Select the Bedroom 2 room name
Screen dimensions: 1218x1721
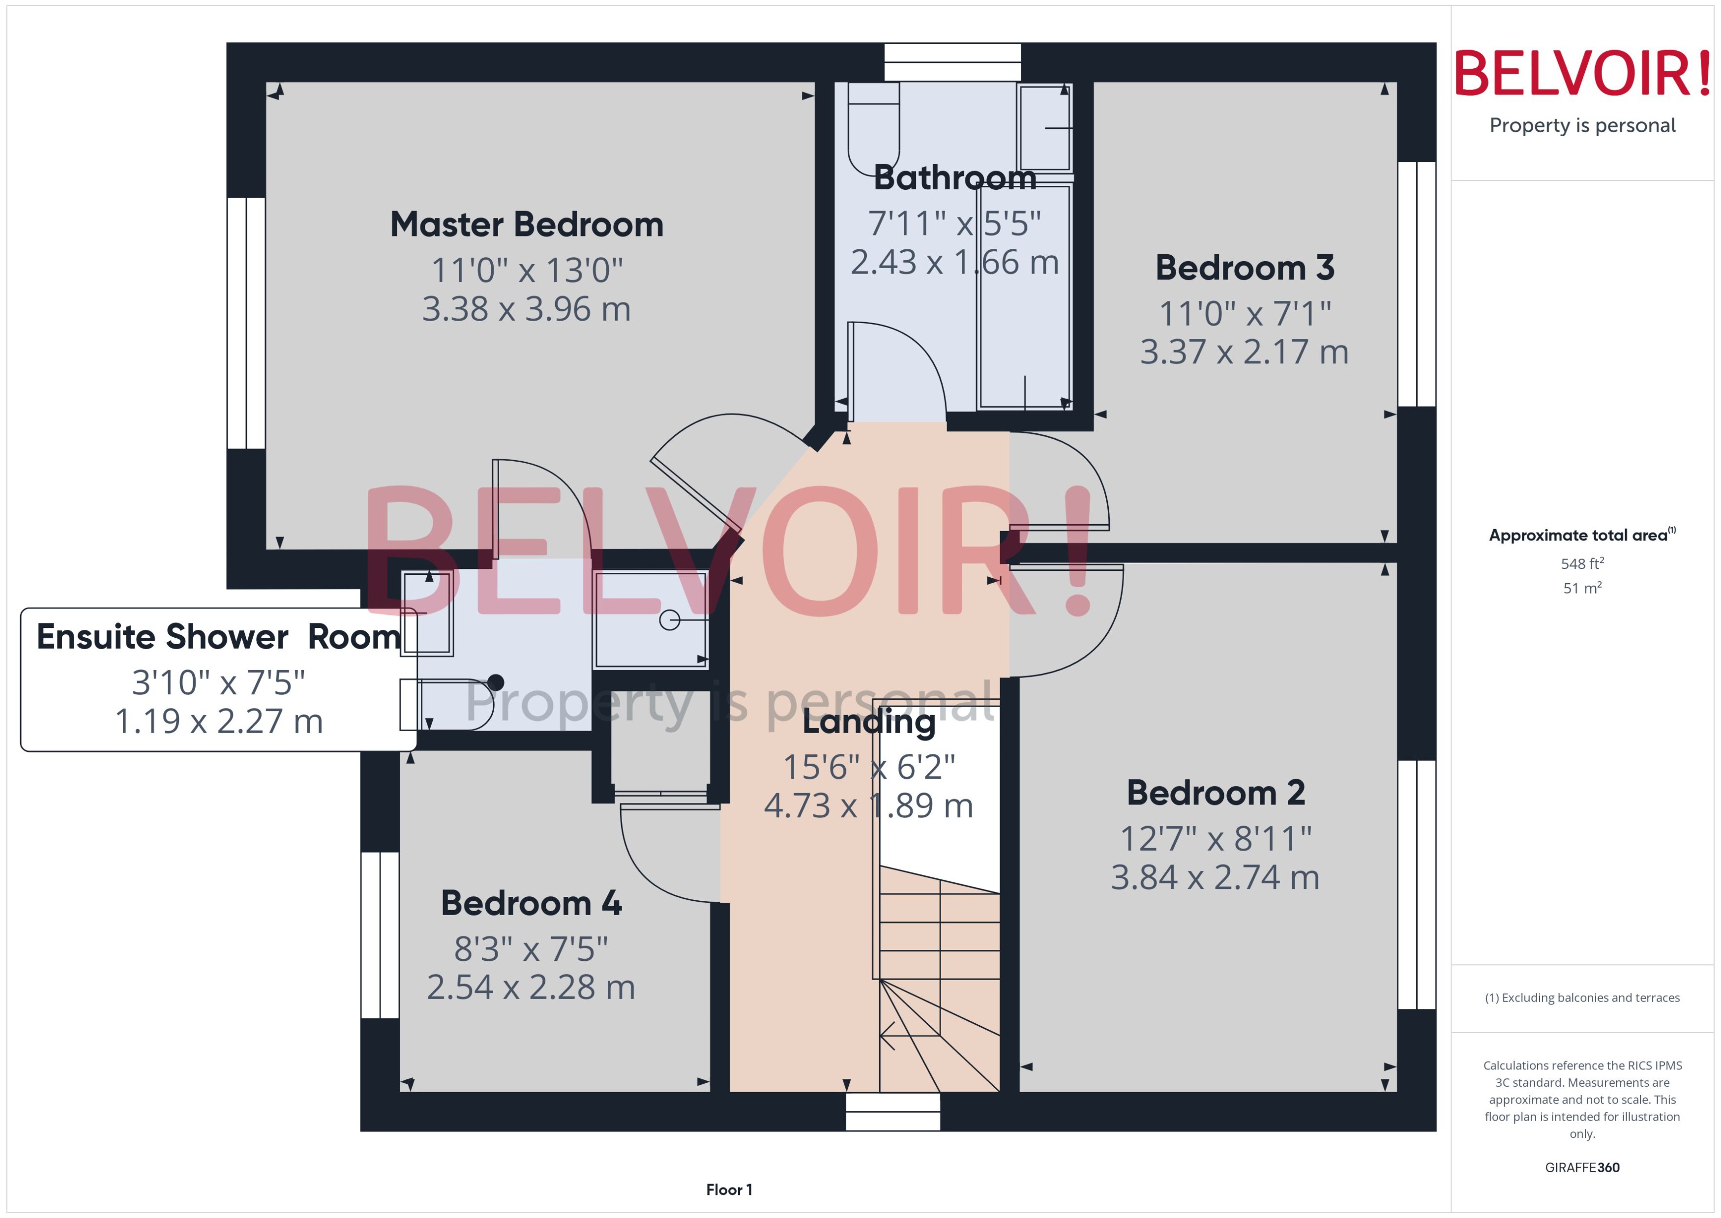tap(1215, 793)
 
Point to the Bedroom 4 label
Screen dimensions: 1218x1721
tap(531, 903)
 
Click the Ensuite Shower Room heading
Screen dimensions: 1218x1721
tap(218, 637)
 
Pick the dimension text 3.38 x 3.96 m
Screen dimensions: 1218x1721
tap(527, 309)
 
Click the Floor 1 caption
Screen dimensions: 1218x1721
tap(729, 1189)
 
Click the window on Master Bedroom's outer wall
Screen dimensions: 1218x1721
tap(246, 323)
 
